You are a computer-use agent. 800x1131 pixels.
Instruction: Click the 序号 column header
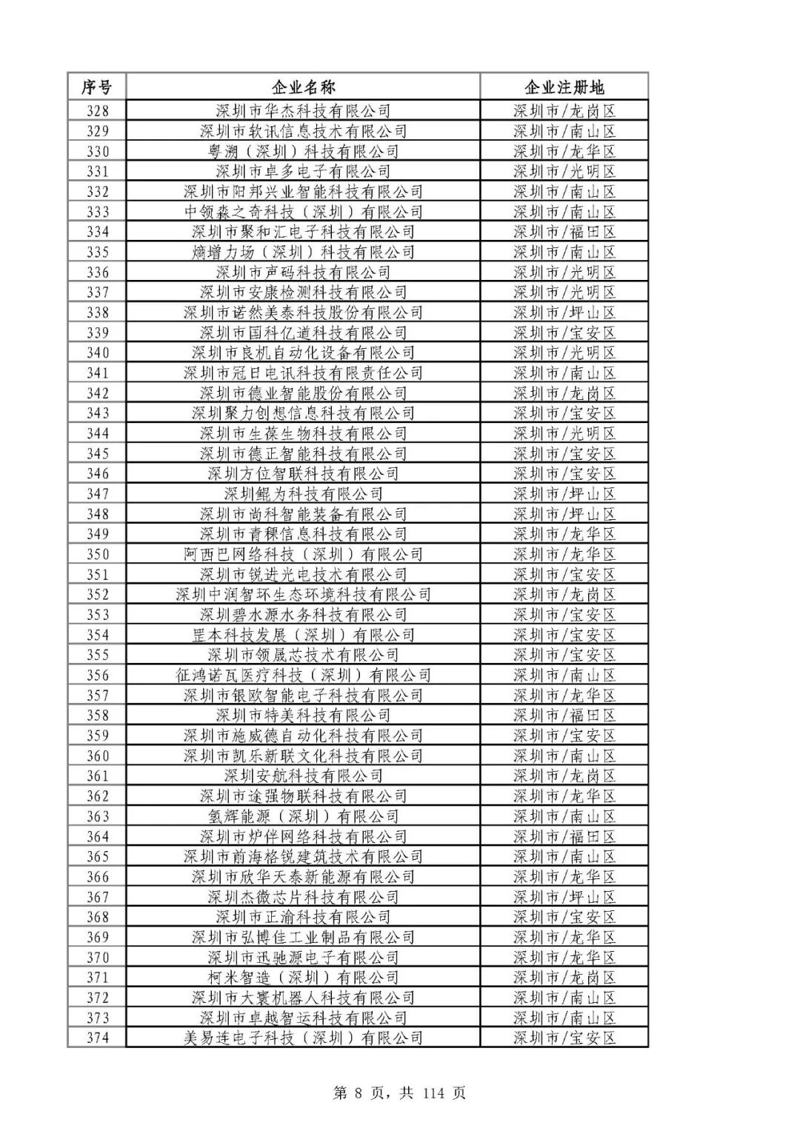coord(96,87)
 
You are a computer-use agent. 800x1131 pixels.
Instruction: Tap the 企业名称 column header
coord(303,87)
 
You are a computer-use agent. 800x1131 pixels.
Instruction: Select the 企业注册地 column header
coord(564,87)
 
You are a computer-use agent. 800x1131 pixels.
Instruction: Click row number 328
coord(97,111)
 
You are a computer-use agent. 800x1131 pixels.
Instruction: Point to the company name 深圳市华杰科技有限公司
coord(303,111)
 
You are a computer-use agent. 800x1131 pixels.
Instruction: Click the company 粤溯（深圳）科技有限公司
coord(303,152)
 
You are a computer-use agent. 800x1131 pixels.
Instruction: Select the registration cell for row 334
coord(564,232)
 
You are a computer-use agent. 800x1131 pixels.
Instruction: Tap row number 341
coord(97,373)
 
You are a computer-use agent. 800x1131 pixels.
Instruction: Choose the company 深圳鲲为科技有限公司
coord(303,494)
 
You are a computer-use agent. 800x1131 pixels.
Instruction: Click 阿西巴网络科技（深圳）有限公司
coord(303,555)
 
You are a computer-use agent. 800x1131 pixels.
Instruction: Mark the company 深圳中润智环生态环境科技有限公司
coord(303,595)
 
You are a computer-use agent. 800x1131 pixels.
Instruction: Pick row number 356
coord(97,675)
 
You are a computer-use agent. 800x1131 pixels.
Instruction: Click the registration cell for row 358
coord(564,715)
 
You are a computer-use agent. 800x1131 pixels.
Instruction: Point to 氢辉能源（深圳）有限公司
coord(303,816)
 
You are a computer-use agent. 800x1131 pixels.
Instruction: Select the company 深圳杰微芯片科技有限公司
coord(303,897)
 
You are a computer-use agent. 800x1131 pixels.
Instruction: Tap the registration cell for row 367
coord(564,897)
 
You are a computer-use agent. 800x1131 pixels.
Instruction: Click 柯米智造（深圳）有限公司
coord(303,978)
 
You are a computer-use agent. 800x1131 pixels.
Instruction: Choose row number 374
coord(97,1038)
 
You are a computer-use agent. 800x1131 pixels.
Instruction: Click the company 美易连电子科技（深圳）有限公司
coord(303,1038)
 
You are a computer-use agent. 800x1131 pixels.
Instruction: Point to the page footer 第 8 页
coord(362,1093)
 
